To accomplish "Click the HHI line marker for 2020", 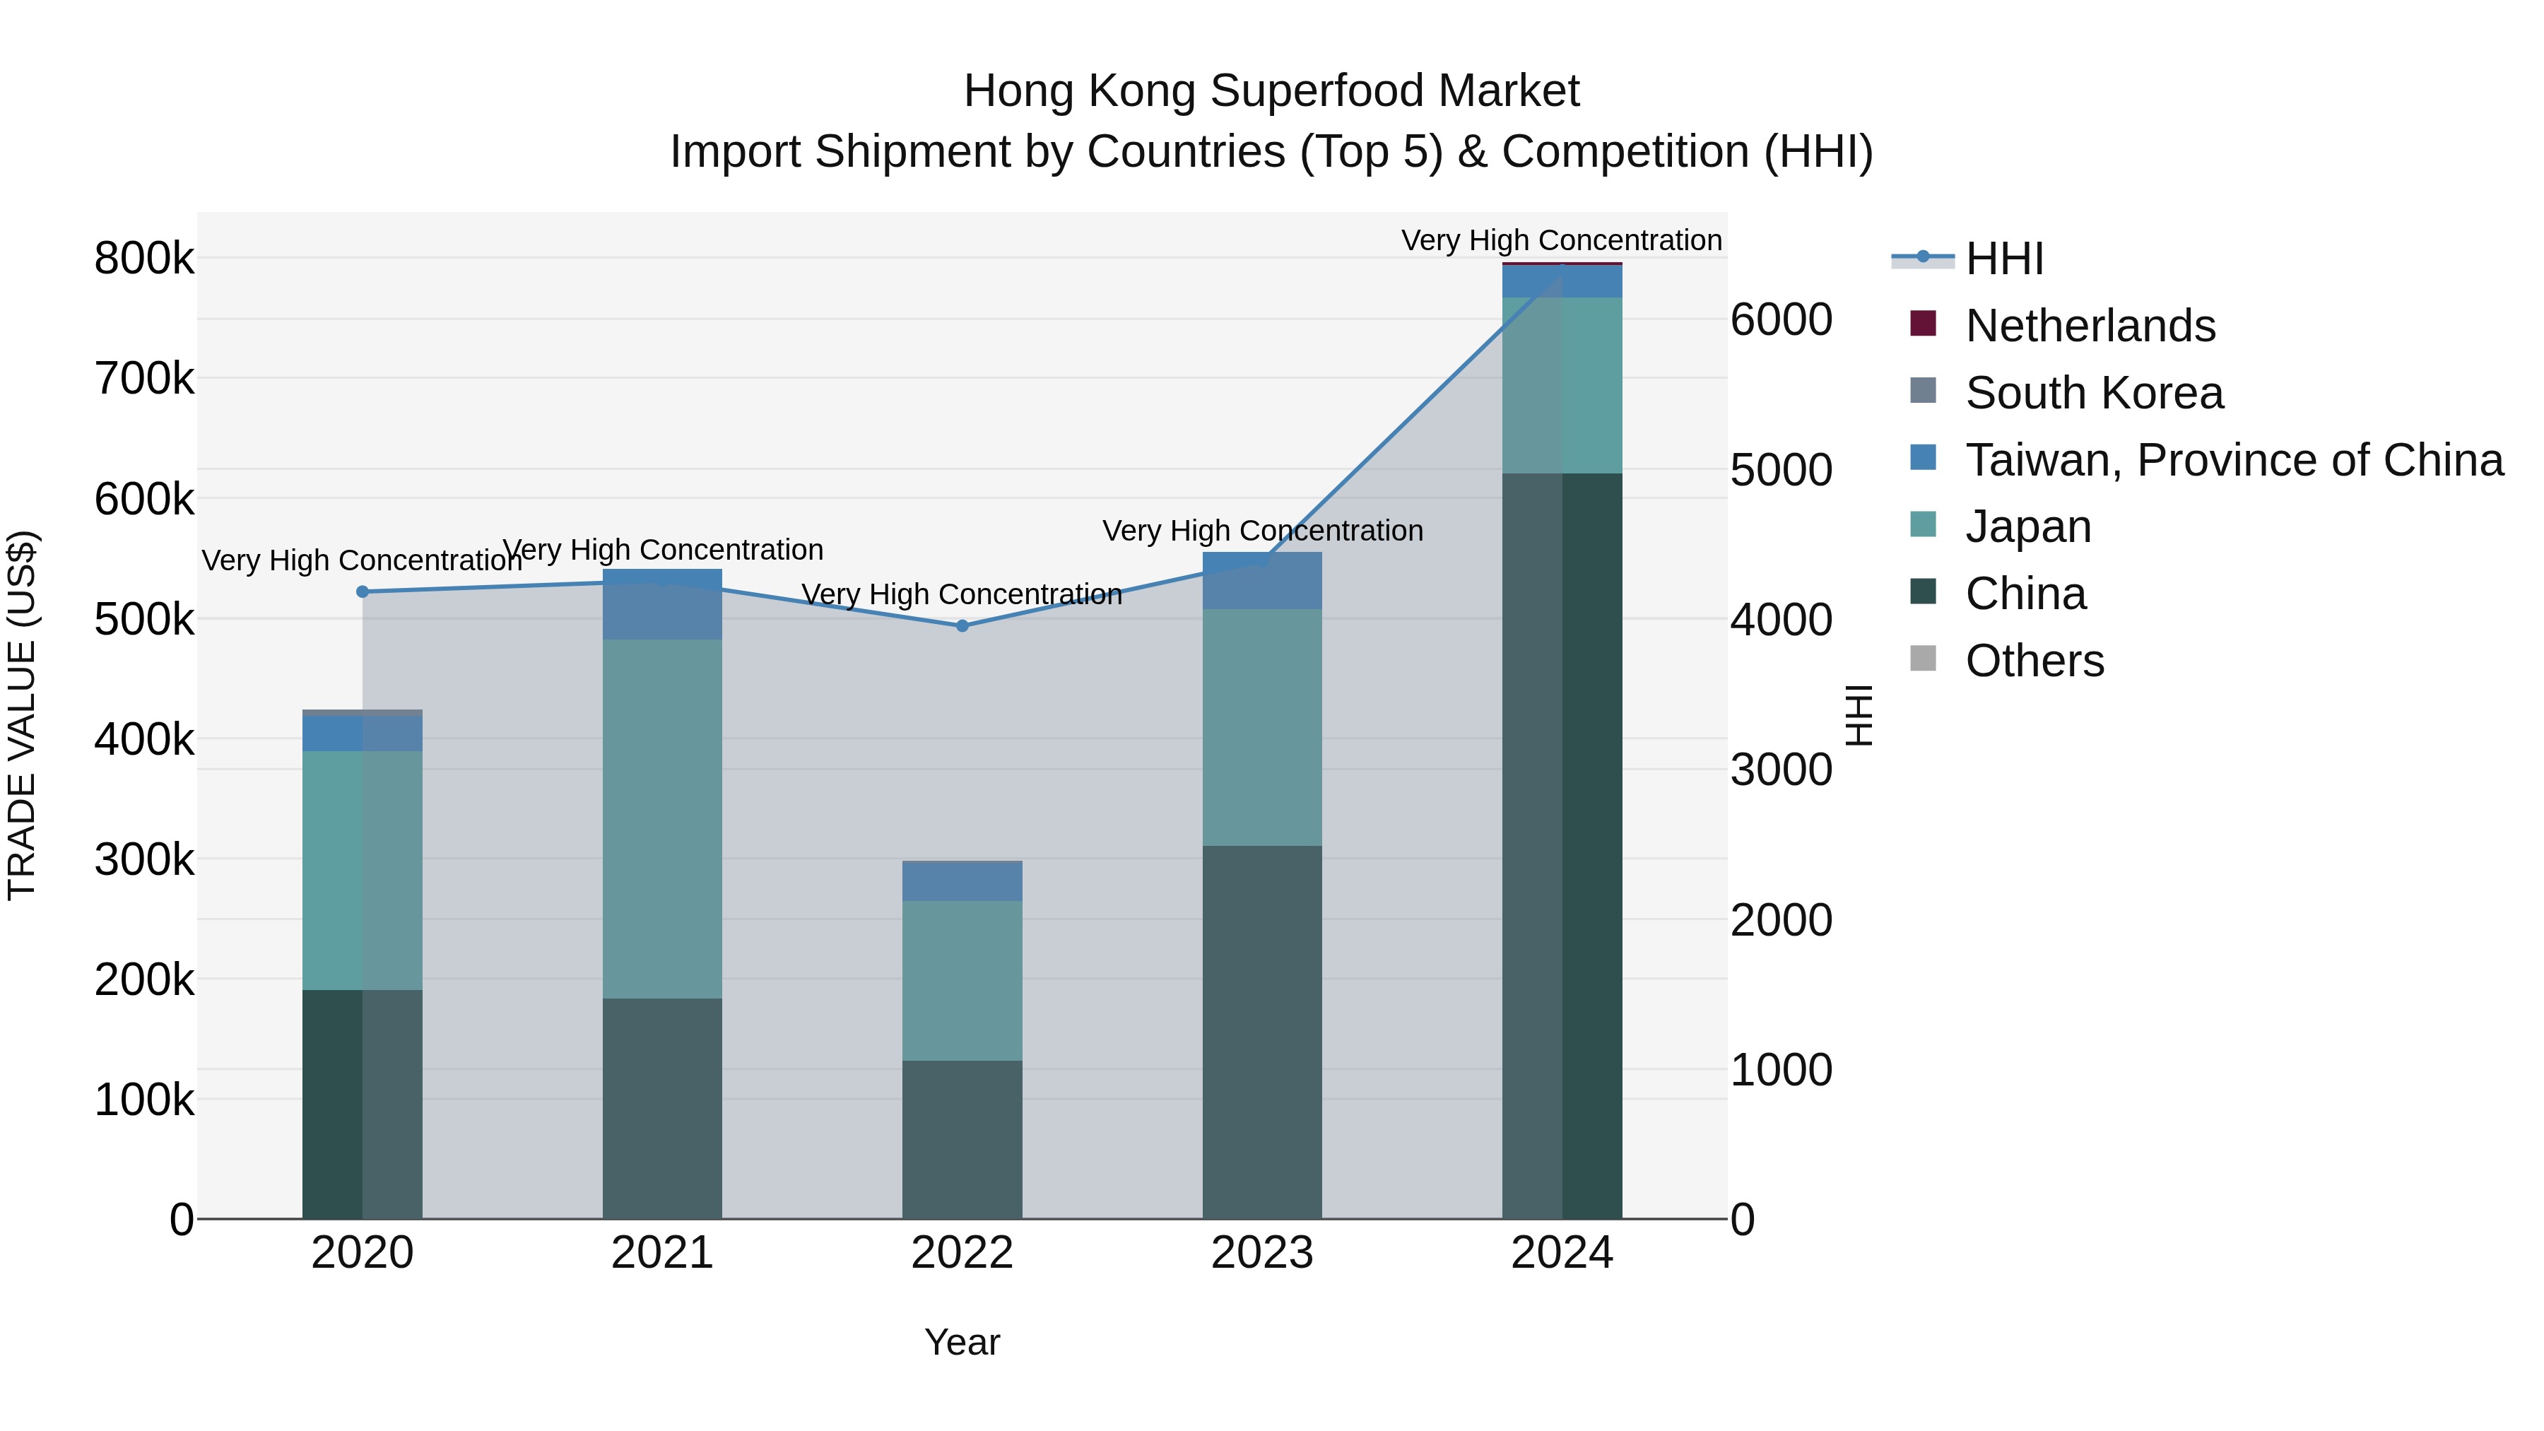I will click(x=363, y=591).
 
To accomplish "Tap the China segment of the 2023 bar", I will click(x=1261, y=1031).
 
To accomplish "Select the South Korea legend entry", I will click(x=2094, y=393).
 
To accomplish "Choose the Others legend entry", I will click(x=2034, y=661).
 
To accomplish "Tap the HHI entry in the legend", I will click(x=2004, y=259).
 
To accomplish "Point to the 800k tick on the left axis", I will click(x=144, y=259).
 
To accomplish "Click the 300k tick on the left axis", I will click(x=144, y=859).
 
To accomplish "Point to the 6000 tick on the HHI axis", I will click(x=1781, y=320).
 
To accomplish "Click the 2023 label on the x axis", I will click(x=1261, y=1253).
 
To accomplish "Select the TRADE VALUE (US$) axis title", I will click(x=22, y=715).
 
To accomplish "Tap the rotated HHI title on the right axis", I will click(x=1859, y=715).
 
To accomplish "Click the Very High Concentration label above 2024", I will click(x=1561, y=240).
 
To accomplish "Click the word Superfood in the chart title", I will click(x=1317, y=91).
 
